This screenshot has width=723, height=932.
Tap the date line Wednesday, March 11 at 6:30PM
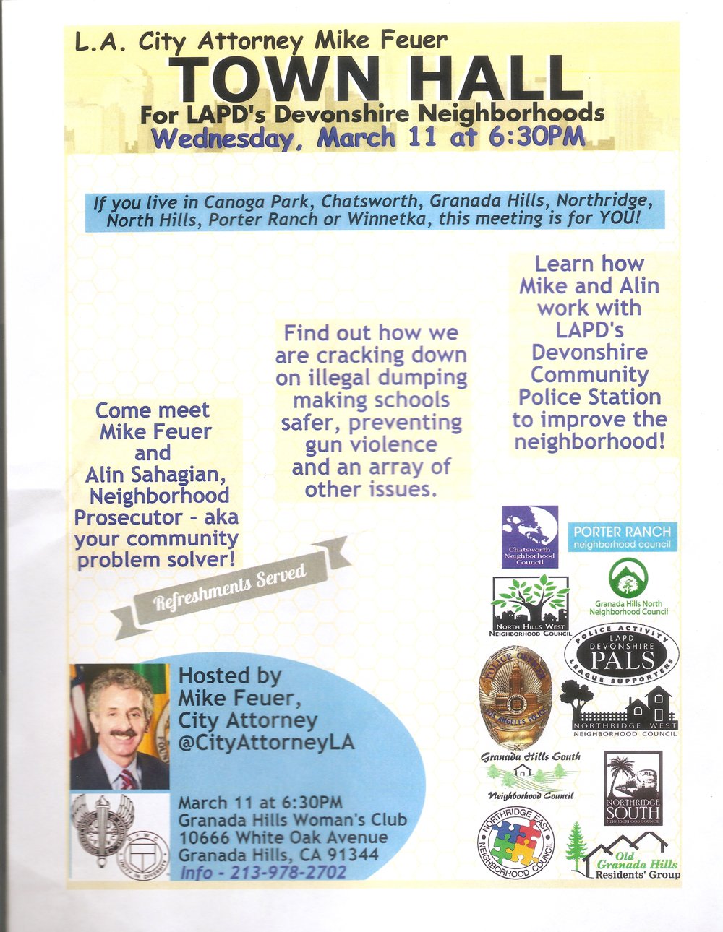pos(369,138)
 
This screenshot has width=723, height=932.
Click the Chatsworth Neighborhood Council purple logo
pos(530,536)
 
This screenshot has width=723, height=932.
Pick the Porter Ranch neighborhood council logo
pos(623,536)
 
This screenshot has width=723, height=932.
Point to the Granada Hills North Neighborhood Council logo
pos(628,587)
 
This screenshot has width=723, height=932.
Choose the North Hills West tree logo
pos(531,605)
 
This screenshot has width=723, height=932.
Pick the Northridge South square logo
pos(633,788)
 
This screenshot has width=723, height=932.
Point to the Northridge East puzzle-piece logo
pos(515,842)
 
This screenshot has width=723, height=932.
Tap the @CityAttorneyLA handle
pos(266,742)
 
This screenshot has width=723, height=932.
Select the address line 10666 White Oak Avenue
pos(283,837)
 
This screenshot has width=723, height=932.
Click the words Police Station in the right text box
pos(589,397)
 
